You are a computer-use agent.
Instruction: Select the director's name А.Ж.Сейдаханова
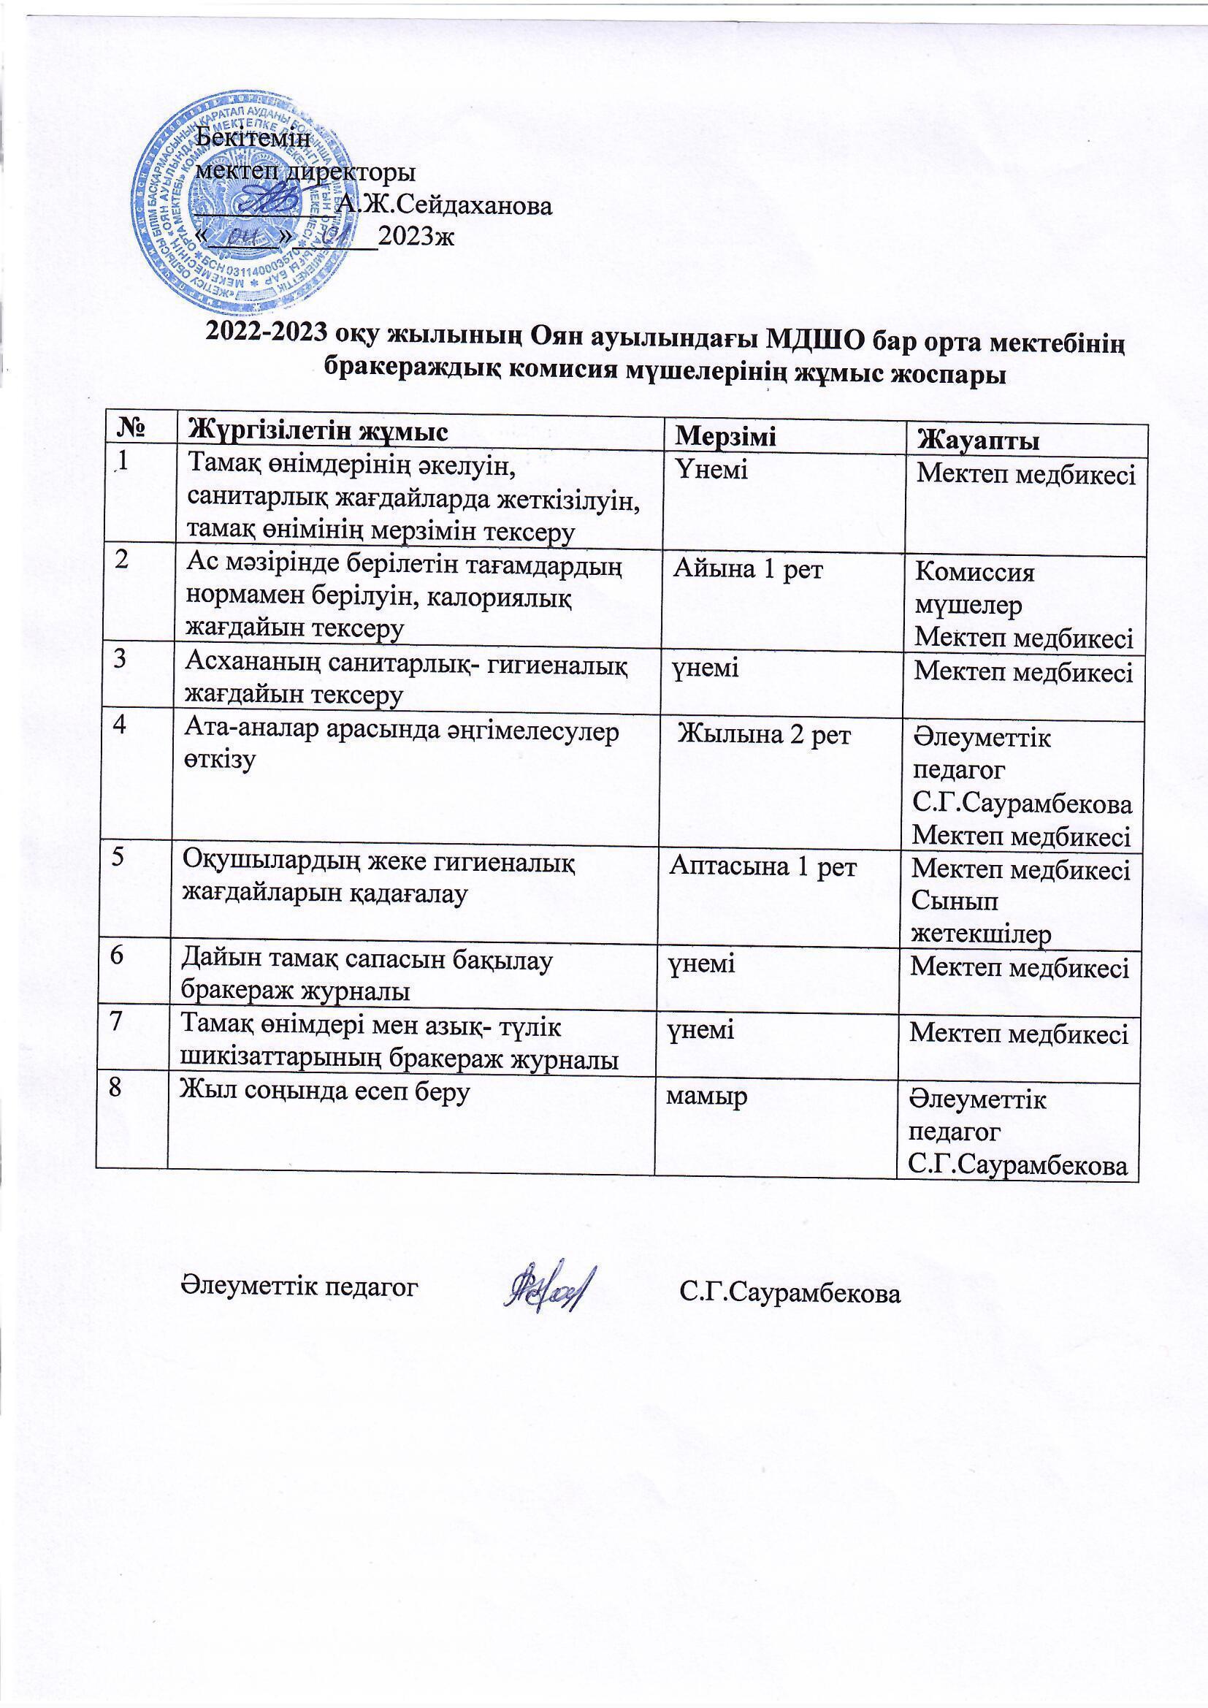pyautogui.click(x=445, y=205)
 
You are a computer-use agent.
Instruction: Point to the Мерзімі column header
pyautogui.click(x=725, y=437)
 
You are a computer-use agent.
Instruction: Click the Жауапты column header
pyautogui.click(x=979, y=441)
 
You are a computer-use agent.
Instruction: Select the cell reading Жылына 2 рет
pyautogui.click(x=766, y=736)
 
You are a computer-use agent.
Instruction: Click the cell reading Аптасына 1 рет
pyautogui.click(x=764, y=866)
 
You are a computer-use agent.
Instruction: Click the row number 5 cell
pyautogui.click(x=119, y=857)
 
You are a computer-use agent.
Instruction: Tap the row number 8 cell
pyautogui.click(x=115, y=1088)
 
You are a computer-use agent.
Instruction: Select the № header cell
pyautogui.click(x=127, y=429)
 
